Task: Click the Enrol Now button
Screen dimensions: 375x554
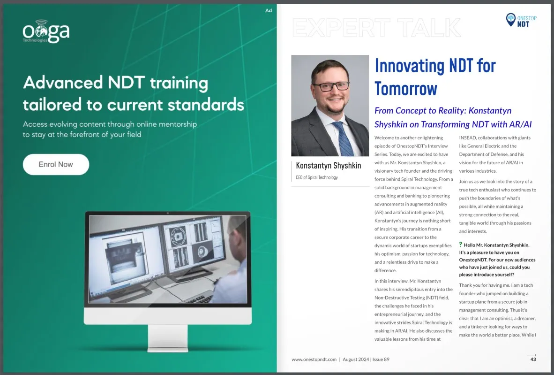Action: [x=56, y=164]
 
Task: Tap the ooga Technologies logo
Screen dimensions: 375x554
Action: [x=46, y=32]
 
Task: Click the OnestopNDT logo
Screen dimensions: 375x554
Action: [x=521, y=20]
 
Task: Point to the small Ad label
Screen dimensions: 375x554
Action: [x=269, y=10]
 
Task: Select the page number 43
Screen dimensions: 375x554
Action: [x=533, y=360]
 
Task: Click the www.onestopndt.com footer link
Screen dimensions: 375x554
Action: [x=314, y=360]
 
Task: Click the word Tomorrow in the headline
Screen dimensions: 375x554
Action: [x=406, y=88]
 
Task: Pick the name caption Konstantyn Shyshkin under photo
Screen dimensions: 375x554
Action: [x=328, y=166]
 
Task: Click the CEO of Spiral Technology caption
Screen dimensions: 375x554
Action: [x=317, y=177]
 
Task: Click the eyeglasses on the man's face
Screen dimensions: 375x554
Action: [x=331, y=86]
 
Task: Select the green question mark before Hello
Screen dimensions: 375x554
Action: [x=461, y=245]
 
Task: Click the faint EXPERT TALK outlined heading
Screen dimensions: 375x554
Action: [x=376, y=28]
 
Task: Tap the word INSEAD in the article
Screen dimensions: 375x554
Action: [x=469, y=138]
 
